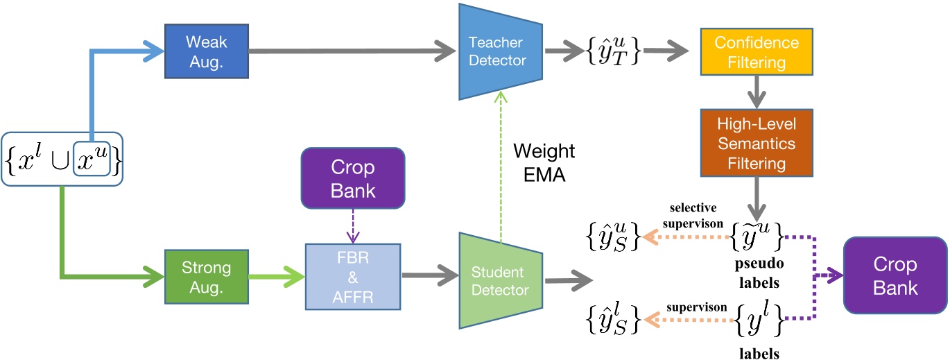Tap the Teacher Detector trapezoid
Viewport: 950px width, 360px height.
pyautogui.click(x=497, y=51)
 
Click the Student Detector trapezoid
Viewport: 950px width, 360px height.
pyautogui.click(x=497, y=280)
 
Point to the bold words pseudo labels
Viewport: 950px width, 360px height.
pyautogui.click(x=758, y=274)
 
